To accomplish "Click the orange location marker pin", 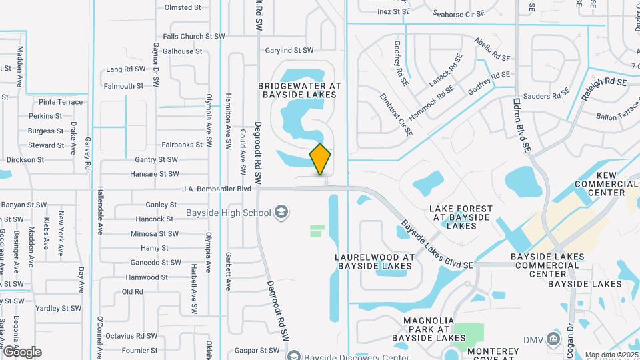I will [320, 159].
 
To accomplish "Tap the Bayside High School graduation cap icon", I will [281, 213].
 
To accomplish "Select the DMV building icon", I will [553, 339].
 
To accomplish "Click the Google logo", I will [22, 352].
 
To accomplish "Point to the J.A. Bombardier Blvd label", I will [217, 189].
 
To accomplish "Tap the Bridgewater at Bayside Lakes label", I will [300, 91].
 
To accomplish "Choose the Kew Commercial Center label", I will [607, 183].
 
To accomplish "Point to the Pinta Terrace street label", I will [61, 102].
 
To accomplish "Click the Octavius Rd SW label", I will [131, 336].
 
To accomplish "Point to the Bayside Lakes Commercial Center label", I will [547, 265].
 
